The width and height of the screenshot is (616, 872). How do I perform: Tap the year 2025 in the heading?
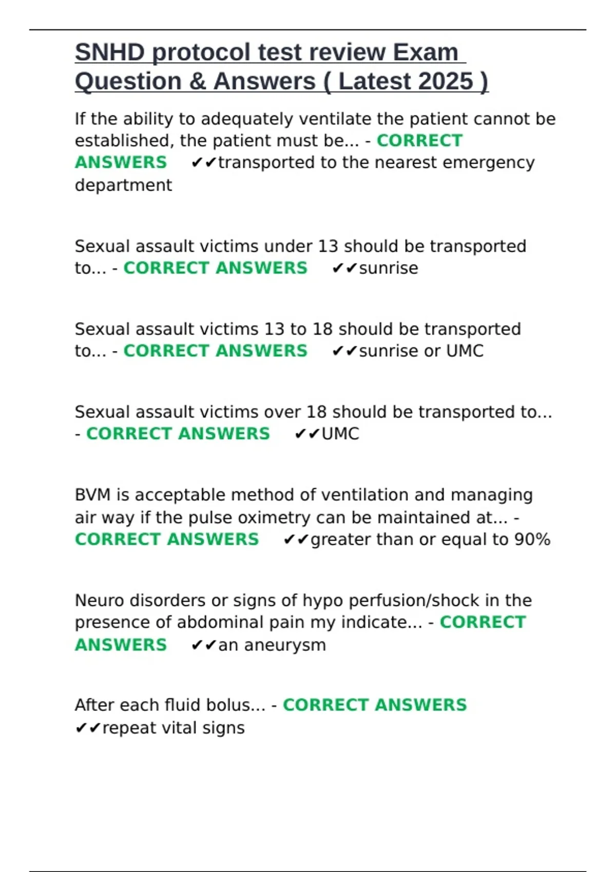click(446, 82)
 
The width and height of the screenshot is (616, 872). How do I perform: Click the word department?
click(123, 185)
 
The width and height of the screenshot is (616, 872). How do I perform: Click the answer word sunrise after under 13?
click(388, 268)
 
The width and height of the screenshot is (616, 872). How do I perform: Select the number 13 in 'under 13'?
click(328, 246)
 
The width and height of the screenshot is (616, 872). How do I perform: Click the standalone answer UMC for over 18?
click(340, 434)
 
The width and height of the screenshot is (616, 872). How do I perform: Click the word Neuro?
click(99, 600)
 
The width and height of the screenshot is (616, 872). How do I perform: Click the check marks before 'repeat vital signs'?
click(88, 728)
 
